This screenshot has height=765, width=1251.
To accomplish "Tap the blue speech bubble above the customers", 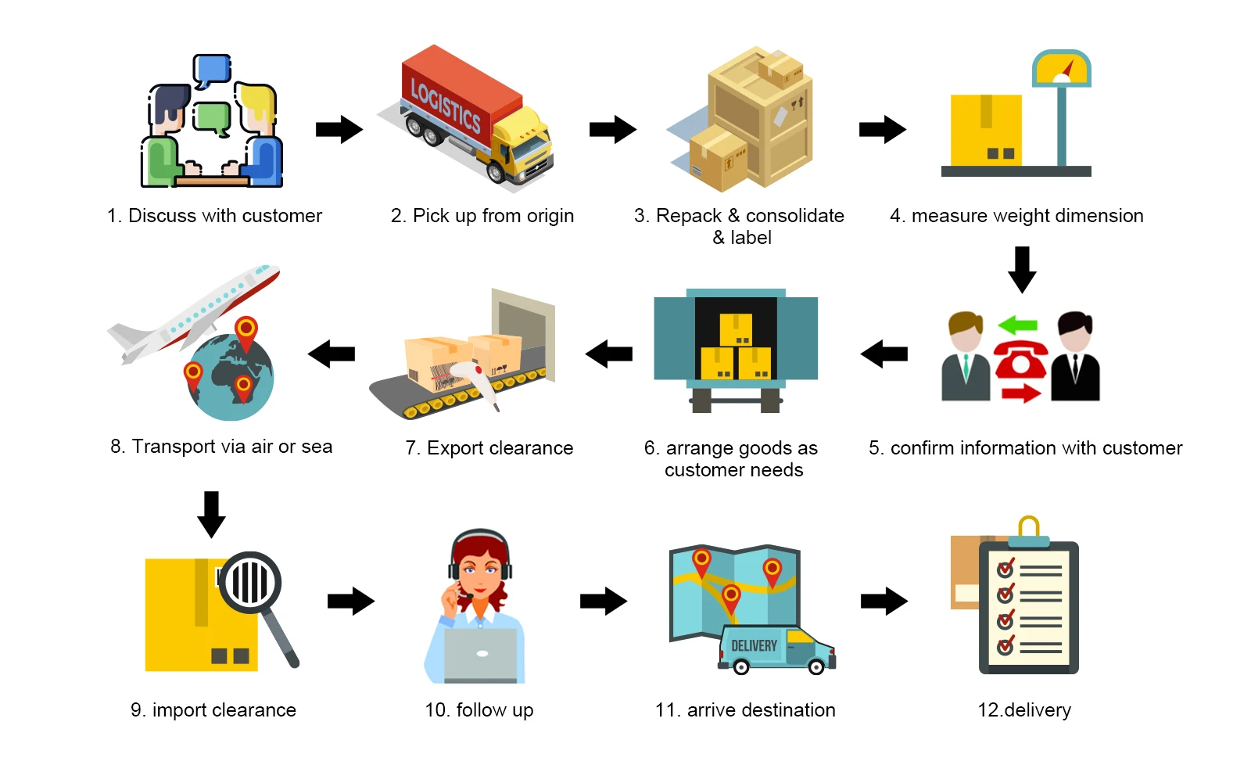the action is (x=212, y=70).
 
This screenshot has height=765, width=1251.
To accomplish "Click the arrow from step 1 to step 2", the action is (x=339, y=130).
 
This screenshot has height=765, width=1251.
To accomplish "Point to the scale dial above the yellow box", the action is (x=1061, y=68).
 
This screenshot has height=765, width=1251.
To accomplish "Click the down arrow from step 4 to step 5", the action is (x=1022, y=269).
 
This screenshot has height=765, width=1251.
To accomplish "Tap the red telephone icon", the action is (x=1020, y=360).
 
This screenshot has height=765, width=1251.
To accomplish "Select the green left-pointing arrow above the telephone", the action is (x=1017, y=325).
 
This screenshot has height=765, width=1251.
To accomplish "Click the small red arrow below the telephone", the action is (x=1021, y=393).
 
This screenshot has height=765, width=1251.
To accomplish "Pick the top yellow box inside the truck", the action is (x=736, y=329).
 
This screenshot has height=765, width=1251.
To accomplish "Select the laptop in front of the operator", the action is (x=481, y=655).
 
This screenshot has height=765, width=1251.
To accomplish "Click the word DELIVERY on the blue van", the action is (x=754, y=646).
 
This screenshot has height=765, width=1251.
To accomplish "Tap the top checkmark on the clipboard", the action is (x=1005, y=569).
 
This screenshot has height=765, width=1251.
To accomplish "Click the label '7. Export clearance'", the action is (x=489, y=448).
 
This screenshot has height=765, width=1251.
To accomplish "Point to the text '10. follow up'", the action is (x=479, y=710).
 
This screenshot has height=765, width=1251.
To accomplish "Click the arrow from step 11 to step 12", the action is (x=884, y=602).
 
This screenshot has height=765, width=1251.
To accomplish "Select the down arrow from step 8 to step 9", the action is (x=211, y=515).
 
